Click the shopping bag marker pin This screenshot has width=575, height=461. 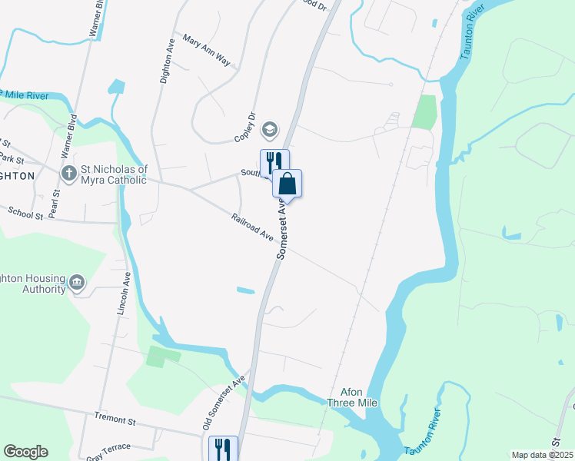287,184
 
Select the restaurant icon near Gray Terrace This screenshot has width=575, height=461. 224,448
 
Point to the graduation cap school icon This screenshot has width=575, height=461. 270,128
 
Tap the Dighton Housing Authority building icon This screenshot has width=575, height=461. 76,283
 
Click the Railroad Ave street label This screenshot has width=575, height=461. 253,228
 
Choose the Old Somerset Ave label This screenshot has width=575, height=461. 223,402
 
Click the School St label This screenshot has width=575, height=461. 25,211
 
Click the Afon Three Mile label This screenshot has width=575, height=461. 353,396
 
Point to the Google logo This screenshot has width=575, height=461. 25,452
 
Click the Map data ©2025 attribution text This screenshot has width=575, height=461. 541,455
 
